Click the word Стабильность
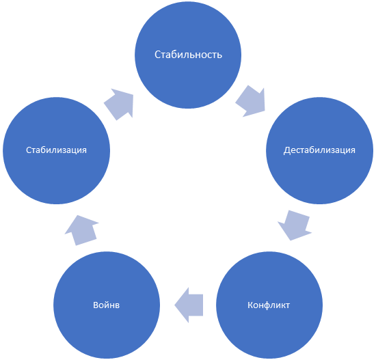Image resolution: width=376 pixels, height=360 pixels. click(188, 55)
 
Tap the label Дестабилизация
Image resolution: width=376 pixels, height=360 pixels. click(319, 150)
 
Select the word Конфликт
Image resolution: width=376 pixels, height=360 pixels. click(269, 305)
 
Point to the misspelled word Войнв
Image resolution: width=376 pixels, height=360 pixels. click(106, 305)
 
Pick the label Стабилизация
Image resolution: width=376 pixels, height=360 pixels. click(56, 150)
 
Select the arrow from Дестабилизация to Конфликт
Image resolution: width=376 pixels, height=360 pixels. click(295, 225)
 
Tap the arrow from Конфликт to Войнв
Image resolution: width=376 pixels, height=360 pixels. click(189, 305)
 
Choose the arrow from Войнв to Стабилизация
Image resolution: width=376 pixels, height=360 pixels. click(81, 230)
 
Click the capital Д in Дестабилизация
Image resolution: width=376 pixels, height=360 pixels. click(287, 150)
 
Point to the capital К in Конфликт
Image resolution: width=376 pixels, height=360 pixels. click(250, 305)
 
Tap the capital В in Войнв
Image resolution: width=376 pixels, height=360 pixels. click(96, 305)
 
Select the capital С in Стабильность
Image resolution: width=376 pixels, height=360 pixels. click(157, 55)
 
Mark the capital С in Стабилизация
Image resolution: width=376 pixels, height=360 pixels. click(28, 150)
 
